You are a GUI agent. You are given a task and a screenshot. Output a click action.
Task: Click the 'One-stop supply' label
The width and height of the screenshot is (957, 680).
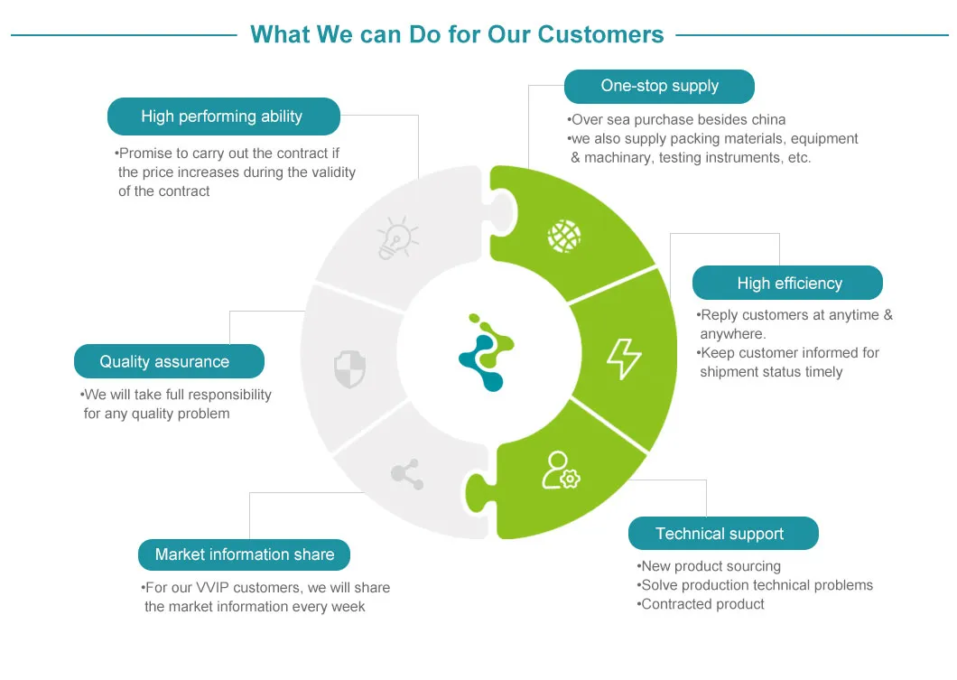659,87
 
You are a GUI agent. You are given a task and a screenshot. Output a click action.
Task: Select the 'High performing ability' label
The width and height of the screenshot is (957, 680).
222,116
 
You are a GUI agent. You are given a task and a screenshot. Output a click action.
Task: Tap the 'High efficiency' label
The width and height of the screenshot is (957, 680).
788,283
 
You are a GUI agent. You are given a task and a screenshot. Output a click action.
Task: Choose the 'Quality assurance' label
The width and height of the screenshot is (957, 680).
165,361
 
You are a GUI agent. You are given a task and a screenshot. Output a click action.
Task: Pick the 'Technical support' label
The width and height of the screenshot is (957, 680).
720,534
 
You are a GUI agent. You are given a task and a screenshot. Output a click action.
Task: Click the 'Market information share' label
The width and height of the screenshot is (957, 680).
245,554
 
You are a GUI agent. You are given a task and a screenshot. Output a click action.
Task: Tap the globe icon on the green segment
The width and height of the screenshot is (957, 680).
564,237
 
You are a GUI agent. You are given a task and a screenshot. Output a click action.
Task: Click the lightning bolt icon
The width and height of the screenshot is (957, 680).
623,359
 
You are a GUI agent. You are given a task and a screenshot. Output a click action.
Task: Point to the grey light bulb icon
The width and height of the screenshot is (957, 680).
397,238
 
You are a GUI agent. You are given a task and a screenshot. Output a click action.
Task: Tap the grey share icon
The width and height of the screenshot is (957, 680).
407,474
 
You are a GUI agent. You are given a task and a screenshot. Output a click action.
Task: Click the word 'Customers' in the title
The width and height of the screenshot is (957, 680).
600,34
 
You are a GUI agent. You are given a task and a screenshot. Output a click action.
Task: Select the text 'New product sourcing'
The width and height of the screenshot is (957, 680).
711,566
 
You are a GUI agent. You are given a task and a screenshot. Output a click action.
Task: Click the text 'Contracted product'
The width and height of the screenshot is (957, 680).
702,604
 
